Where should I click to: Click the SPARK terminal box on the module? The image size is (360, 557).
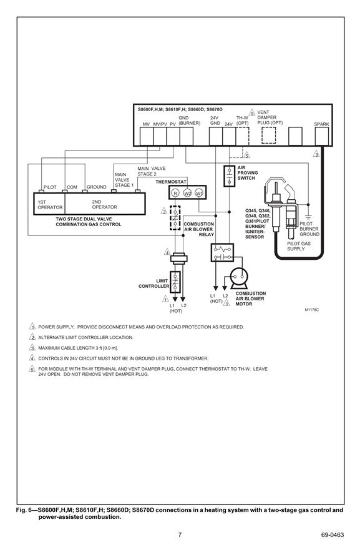pos(322,136)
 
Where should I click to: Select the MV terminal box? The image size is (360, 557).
pos(146,136)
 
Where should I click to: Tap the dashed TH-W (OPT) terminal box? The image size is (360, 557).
pos(243,136)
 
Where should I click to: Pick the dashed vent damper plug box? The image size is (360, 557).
pos(269,136)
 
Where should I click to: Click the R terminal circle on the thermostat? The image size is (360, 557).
pos(175,193)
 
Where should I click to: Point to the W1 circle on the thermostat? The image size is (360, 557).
pos(199,193)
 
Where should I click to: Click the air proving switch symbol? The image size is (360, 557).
pos(230,176)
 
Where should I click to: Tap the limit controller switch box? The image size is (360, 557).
pos(175,282)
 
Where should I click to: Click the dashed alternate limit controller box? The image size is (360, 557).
pos(175,217)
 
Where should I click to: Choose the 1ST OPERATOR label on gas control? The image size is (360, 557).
pos(50,205)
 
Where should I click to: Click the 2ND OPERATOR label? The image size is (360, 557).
pos(104,204)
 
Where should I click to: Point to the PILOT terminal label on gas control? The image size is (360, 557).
pos(50,187)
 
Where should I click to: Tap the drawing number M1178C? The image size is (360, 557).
pos(312,310)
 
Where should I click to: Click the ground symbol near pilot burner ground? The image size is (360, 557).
pos(308,216)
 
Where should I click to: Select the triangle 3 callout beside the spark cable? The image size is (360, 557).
pos(316,154)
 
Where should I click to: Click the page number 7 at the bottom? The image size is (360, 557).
pos(180,535)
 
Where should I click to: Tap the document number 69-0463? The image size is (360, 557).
pos(333,535)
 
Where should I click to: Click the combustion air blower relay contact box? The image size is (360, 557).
pos(222,252)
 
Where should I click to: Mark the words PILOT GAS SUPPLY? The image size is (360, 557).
pos(299,246)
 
